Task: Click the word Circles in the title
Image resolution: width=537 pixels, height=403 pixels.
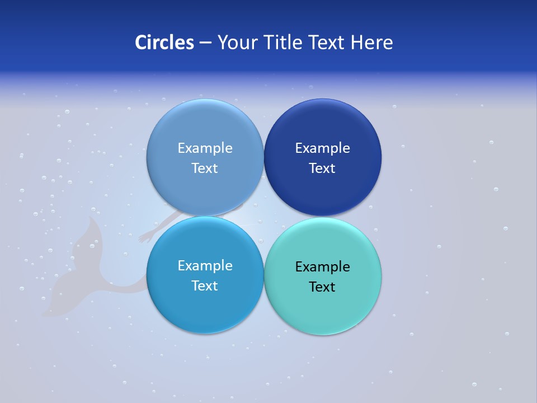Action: [164, 43]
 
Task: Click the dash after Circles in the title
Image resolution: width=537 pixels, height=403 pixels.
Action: [205, 43]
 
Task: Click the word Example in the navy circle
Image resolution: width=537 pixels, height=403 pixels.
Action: [322, 148]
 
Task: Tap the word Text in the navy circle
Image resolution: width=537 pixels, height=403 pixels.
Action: [322, 168]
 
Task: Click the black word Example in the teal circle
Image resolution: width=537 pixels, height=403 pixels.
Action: [322, 267]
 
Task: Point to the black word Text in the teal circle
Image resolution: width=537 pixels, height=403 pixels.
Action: [322, 287]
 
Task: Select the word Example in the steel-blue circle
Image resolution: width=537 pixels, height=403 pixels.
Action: [205, 148]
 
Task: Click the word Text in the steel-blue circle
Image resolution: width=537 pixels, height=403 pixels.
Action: [205, 168]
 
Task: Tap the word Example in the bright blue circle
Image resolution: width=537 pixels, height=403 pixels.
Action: [205, 266]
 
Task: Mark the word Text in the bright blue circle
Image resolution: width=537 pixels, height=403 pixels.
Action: [205, 286]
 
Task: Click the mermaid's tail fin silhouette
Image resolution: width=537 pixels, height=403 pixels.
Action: [78, 263]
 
